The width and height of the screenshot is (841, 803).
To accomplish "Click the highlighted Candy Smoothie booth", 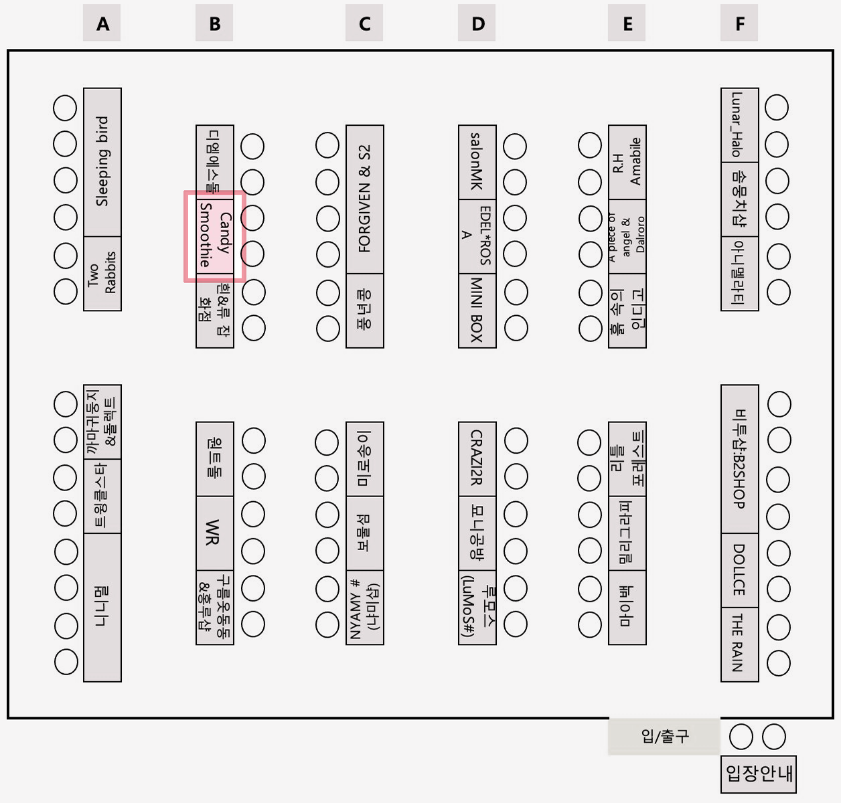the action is pos(215,236).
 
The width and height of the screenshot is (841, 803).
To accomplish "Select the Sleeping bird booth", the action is pos(102,162).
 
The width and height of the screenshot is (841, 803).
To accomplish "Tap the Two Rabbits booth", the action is pos(102,273).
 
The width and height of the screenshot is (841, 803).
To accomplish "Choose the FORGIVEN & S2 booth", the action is pos(365,199).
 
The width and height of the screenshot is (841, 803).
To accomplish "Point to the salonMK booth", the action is pos(477,162).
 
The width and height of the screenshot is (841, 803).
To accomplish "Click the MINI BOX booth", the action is pos(477,310).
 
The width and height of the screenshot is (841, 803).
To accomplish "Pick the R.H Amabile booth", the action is pos(627,162).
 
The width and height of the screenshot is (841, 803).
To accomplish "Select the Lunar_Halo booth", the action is pos(739,125).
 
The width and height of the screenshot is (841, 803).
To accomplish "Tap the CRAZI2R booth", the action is pos(477,459).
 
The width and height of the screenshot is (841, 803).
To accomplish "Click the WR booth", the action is pos(215,533).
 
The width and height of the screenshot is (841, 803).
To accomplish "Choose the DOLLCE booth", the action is pos(739,570).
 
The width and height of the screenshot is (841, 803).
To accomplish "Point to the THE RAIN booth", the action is pos(739,644).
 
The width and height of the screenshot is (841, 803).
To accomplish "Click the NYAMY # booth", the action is pos(365,608).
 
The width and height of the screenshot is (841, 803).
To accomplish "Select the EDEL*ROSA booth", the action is pos(477,236).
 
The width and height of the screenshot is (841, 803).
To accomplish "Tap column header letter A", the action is pos(102,24).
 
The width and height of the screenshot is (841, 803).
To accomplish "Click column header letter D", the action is pos(477,24).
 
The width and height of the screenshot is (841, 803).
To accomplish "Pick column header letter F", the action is pos(739,24).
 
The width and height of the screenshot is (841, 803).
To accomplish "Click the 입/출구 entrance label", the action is pos(664,736).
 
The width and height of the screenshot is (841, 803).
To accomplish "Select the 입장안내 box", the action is pos(759,774).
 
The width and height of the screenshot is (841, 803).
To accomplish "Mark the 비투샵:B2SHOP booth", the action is pos(739,459).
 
